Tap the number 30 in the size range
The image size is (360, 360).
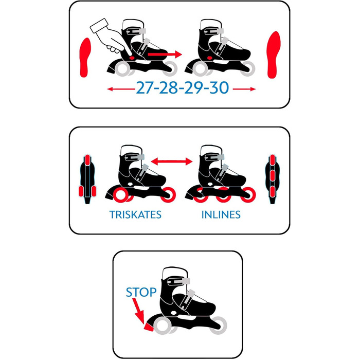(x=219, y=87)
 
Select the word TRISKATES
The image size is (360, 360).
(x=135, y=214)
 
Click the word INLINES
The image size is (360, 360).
(x=221, y=214)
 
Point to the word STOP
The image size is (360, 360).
(x=141, y=292)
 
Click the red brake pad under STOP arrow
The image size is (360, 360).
(x=149, y=328)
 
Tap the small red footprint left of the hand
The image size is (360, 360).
(x=85, y=58)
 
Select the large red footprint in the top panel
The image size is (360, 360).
(x=274, y=55)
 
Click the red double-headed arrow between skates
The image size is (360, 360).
(x=171, y=161)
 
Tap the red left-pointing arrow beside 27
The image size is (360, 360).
(x=121, y=89)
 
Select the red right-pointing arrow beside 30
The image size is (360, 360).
(x=244, y=89)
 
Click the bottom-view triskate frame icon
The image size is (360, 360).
(x=87, y=179)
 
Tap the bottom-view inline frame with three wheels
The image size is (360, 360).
(x=273, y=179)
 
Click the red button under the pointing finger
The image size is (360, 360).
(x=132, y=58)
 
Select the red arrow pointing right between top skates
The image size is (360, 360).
(x=165, y=55)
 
